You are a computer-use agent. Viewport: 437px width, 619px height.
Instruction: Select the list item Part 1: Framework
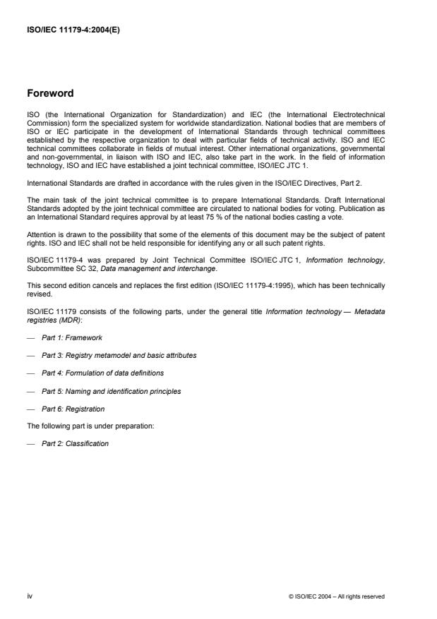[x=72, y=337]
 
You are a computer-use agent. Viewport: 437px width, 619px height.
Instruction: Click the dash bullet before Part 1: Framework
[x=30, y=337]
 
